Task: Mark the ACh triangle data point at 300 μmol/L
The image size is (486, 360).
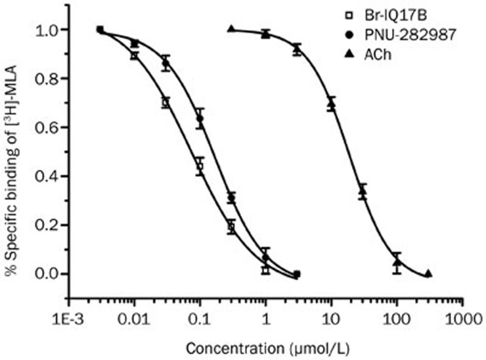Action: [x=428, y=274]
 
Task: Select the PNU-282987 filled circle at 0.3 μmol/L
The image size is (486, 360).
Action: [x=231, y=198]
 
